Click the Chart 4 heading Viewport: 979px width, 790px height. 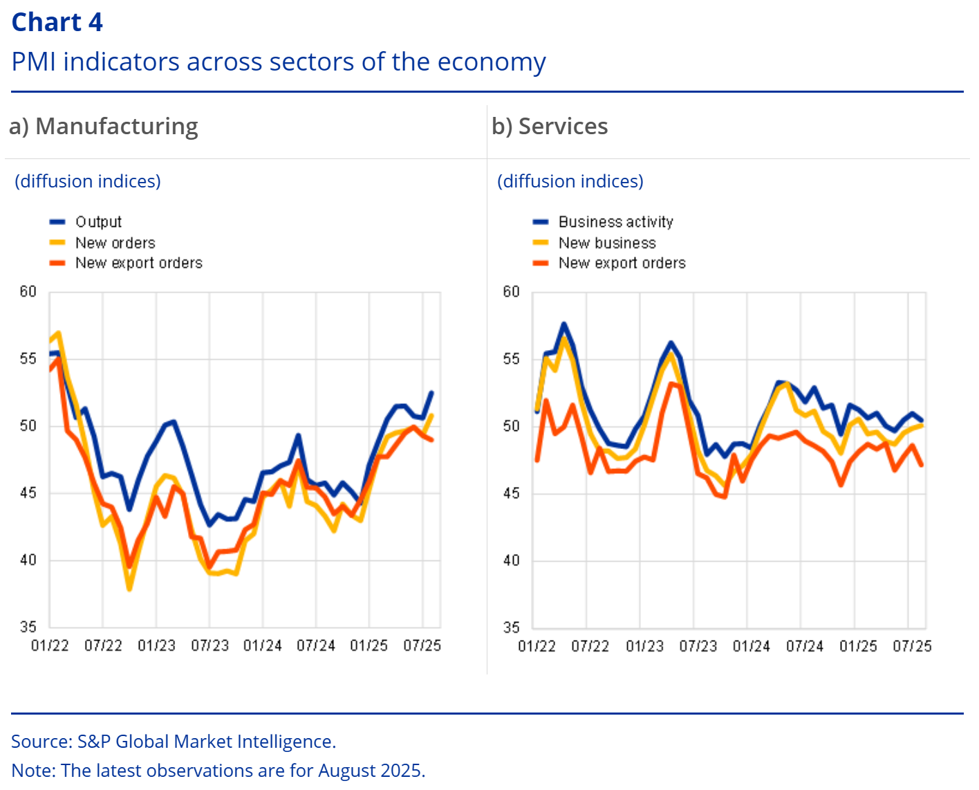tap(57, 22)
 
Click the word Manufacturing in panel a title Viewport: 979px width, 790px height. tap(116, 127)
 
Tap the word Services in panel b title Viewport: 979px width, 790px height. tap(563, 127)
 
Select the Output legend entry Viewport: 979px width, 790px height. tap(98, 222)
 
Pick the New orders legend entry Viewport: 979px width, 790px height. tap(115, 243)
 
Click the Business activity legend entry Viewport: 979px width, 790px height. tap(615, 222)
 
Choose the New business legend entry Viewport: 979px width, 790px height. tap(607, 243)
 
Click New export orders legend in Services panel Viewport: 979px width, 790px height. tap(622, 263)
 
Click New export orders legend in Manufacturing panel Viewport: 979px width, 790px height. tap(138, 263)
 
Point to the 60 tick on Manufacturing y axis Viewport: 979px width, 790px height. tap(28, 292)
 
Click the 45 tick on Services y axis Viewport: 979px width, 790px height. tap(511, 493)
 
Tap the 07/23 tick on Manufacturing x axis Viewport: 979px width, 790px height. tap(209, 646)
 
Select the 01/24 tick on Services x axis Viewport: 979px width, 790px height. tap(751, 646)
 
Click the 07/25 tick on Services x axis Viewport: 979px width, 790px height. tap(912, 646)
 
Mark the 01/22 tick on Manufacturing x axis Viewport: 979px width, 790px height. tap(50, 646)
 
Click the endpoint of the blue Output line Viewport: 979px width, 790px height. tap(432, 392)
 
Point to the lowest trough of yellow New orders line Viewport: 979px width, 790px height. tap(129, 589)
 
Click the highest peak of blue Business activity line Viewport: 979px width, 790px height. tap(564, 324)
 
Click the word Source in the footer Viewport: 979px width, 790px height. tap(40, 742)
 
